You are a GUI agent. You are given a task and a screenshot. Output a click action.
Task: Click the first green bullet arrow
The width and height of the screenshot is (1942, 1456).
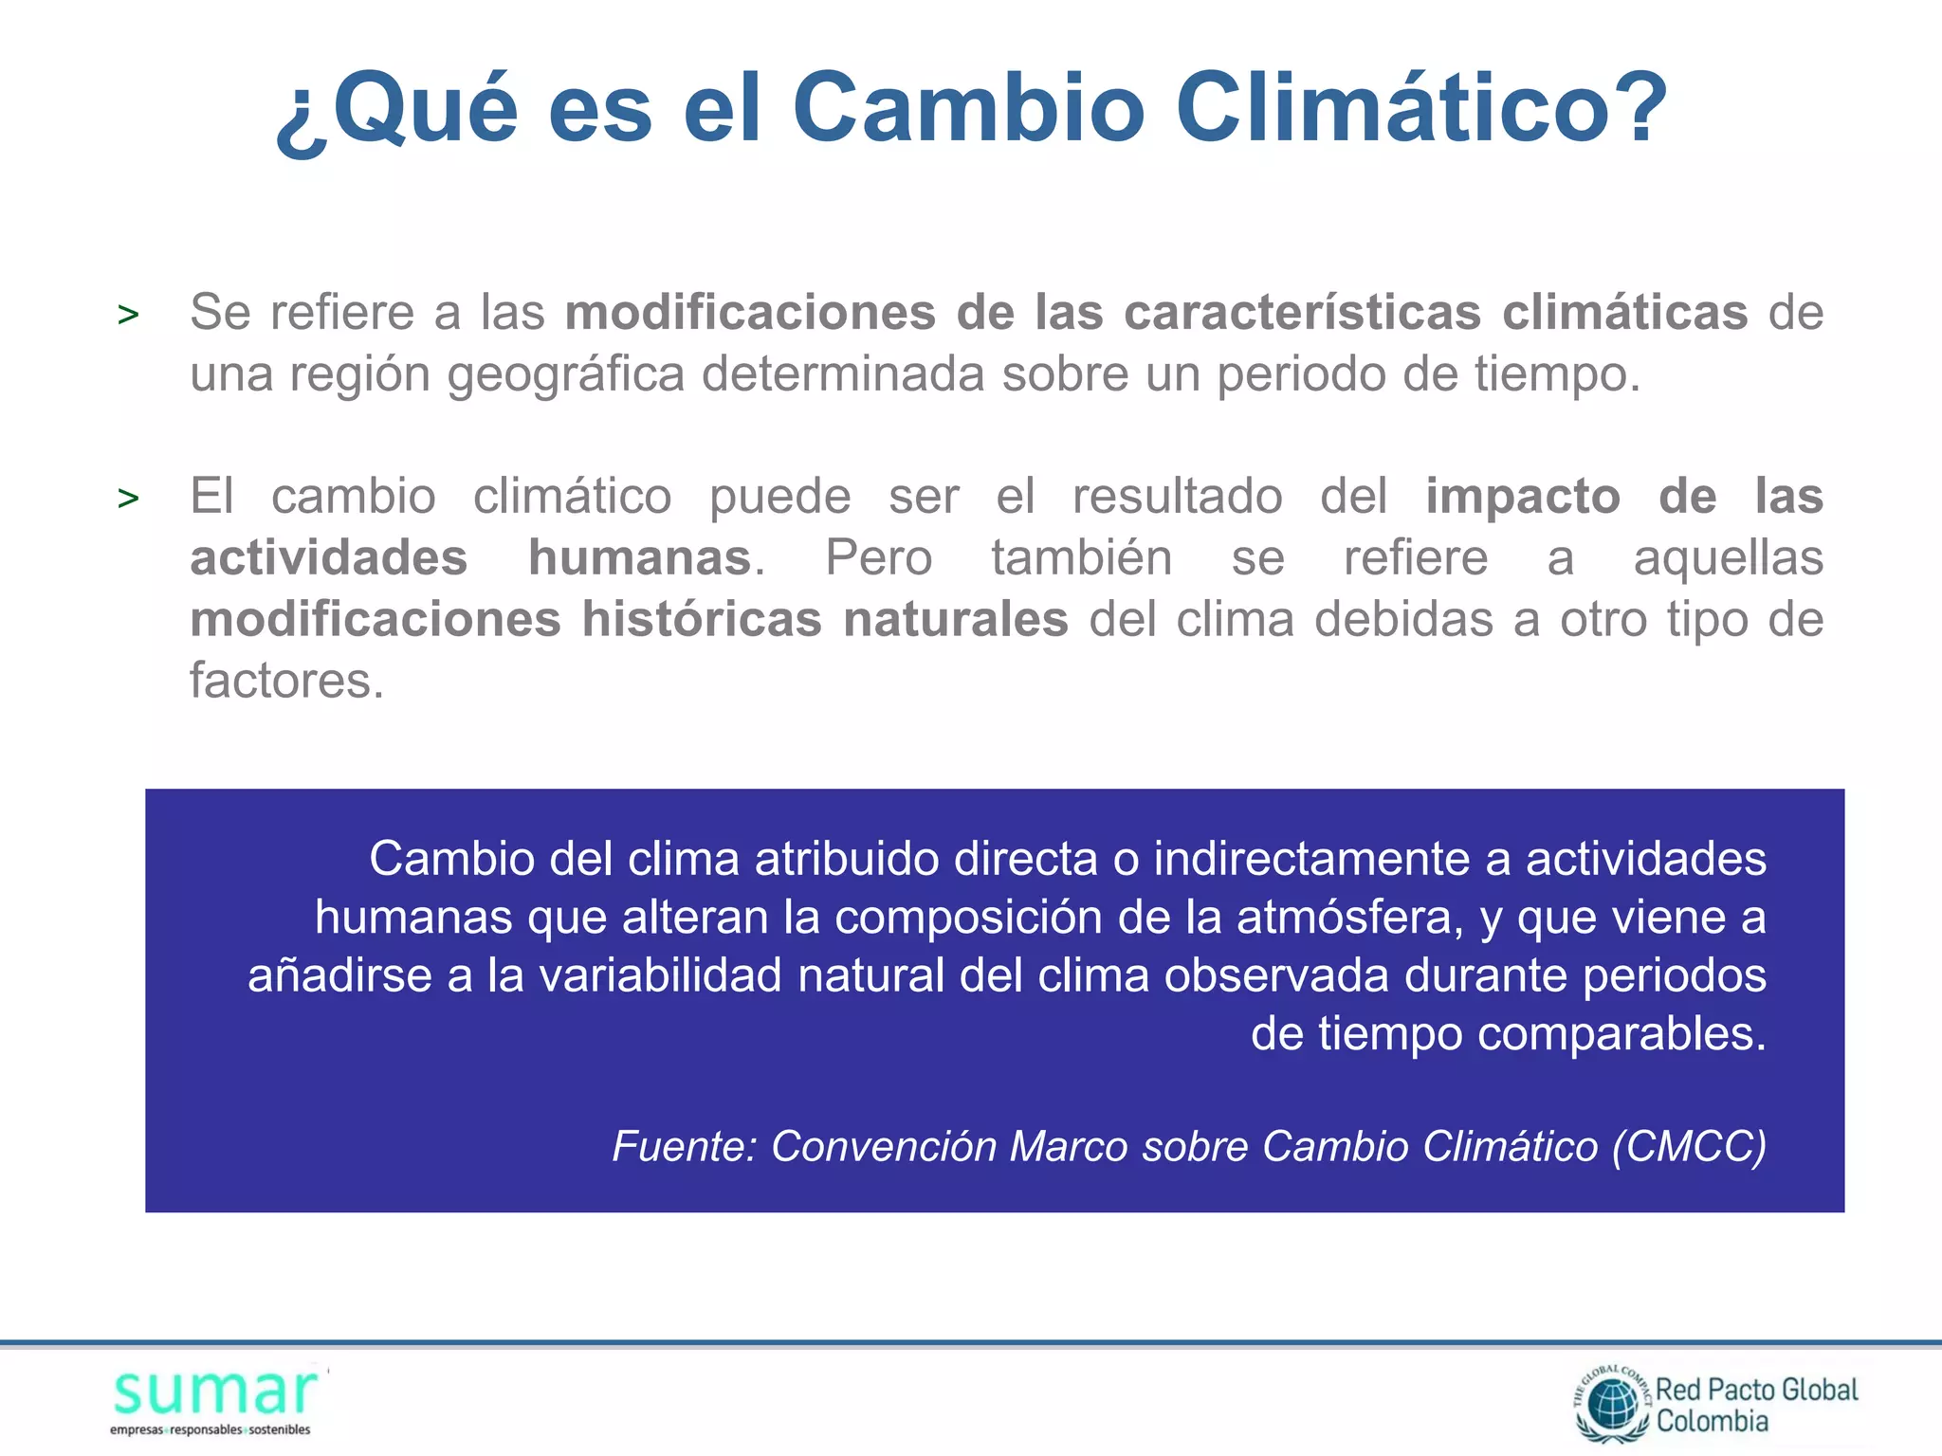pyautogui.click(x=128, y=315)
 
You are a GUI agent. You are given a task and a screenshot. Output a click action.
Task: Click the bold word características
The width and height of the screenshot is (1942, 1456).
pyautogui.click(x=1302, y=313)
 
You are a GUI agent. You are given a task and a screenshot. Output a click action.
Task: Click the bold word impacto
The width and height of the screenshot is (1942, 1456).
pyautogui.click(x=1523, y=497)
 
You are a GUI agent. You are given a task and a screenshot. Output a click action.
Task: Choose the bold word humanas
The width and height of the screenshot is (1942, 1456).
pyautogui.click(x=640, y=557)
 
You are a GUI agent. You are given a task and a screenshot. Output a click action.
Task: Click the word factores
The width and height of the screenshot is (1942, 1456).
pyautogui.click(x=286, y=681)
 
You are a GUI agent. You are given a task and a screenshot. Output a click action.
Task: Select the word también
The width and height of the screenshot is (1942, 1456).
pyautogui.click(x=1082, y=557)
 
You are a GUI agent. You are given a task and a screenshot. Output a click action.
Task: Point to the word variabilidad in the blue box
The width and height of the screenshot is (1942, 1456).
pyautogui.click(x=660, y=976)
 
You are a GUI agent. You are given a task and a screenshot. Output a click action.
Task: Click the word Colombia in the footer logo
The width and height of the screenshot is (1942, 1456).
pyautogui.click(x=1713, y=1422)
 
